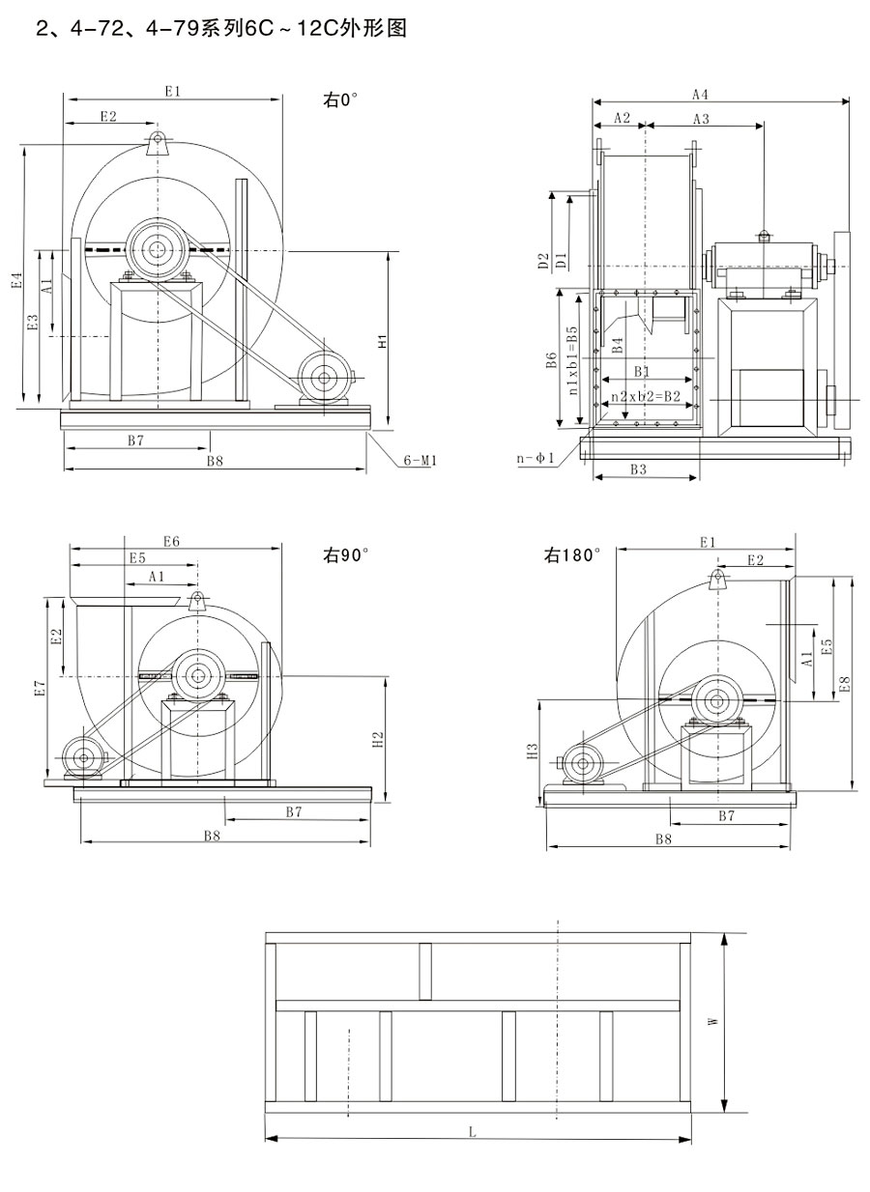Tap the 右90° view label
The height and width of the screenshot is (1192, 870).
346,555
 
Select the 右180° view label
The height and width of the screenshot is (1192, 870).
572,555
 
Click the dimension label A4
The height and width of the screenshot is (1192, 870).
701,95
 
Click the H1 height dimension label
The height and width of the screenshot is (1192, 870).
383,342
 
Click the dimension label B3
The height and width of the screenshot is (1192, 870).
638,469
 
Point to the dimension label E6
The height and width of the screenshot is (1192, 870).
172,542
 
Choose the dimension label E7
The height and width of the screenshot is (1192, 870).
40,688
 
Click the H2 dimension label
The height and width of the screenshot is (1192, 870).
379,739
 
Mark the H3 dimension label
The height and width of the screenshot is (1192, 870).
532,752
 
